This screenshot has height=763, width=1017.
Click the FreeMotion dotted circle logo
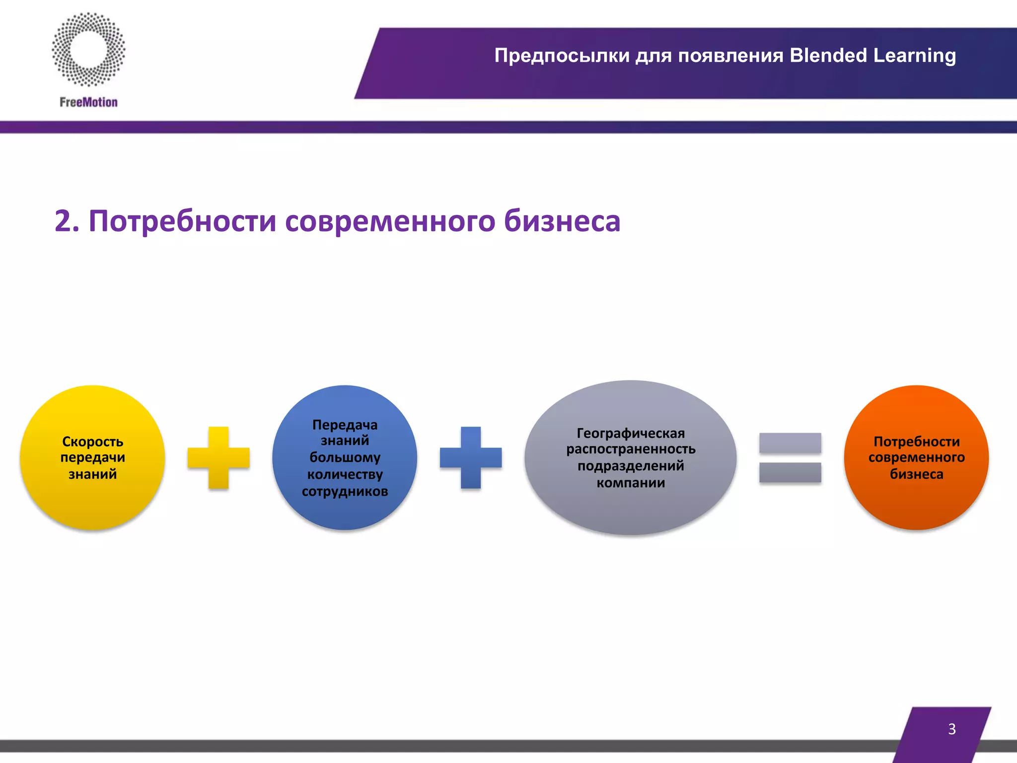(88, 49)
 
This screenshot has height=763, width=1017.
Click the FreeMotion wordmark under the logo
(88, 102)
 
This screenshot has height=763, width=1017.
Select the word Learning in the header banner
(914, 56)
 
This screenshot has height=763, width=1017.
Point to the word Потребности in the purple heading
(182, 221)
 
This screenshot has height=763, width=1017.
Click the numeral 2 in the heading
(63, 221)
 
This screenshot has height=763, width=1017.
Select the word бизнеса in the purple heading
(562, 221)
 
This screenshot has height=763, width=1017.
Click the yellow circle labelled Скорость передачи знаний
(93, 502)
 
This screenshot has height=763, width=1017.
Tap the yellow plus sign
(218, 458)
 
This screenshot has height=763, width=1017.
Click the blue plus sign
(471, 458)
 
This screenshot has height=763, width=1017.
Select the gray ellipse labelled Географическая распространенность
(631, 512)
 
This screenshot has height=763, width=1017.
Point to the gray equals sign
(790, 458)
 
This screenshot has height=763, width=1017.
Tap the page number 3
(951, 729)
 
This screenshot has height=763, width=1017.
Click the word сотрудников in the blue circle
(345, 491)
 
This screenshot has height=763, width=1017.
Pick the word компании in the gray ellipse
(631, 482)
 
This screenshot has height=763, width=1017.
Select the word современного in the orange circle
(916, 458)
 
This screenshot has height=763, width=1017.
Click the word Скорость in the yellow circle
(93, 441)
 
